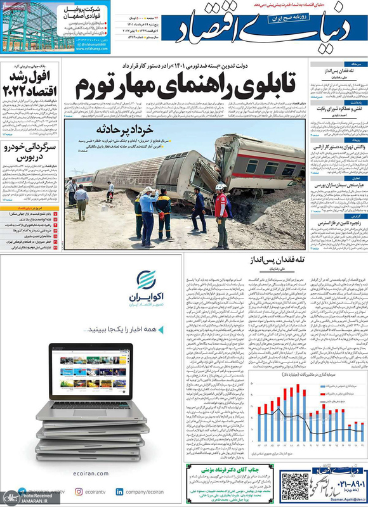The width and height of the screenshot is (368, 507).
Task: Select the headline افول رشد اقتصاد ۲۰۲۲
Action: pyautogui.click(x=32, y=82)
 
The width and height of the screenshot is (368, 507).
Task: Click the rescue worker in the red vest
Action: pyautogui.click(x=221, y=212)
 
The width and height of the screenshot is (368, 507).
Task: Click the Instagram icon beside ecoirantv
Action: pyautogui.click(x=79, y=491)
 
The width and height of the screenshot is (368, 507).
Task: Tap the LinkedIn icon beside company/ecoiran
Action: pyautogui.click(x=120, y=491)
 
